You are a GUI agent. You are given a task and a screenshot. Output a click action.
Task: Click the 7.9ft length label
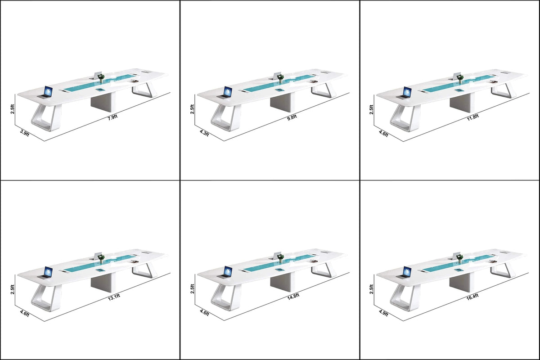[112, 117]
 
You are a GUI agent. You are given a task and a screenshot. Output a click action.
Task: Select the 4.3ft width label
[204, 134]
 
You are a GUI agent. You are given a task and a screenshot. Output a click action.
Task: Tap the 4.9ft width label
[383, 314]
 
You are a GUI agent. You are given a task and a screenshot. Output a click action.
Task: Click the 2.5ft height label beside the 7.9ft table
[13, 109]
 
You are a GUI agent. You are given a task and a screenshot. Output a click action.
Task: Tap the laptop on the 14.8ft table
[227, 272]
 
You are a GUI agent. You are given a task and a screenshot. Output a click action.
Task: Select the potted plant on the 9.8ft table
[281, 78]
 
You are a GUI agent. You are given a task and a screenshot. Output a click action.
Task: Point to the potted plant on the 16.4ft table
[459, 258]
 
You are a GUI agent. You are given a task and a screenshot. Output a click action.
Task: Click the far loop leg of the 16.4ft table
[501, 270]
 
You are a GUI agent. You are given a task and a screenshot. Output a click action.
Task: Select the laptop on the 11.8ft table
[407, 92]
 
